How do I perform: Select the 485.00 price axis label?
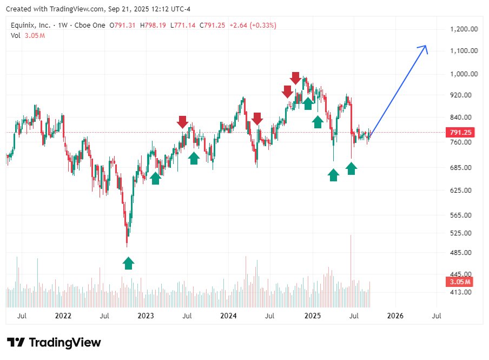(x=463, y=253)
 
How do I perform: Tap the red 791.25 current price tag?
(x=460, y=132)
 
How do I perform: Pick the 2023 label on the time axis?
(x=146, y=316)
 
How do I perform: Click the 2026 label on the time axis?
(x=395, y=316)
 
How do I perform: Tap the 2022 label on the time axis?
(x=63, y=316)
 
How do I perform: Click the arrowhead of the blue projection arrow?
(x=425, y=48)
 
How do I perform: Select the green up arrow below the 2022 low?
(x=128, y=263)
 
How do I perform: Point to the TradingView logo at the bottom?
(x=54, y=342)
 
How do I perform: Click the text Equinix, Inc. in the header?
(x=30, y=25)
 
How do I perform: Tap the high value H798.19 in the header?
(x=153, y=25)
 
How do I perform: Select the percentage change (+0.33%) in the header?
(x=261, y=25)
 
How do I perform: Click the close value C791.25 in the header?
(x=213, y=25)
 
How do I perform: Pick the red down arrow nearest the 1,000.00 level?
(x=295, y=78)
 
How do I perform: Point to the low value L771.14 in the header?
(x=183, y=25)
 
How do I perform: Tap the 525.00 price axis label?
(x=463, y=233)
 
